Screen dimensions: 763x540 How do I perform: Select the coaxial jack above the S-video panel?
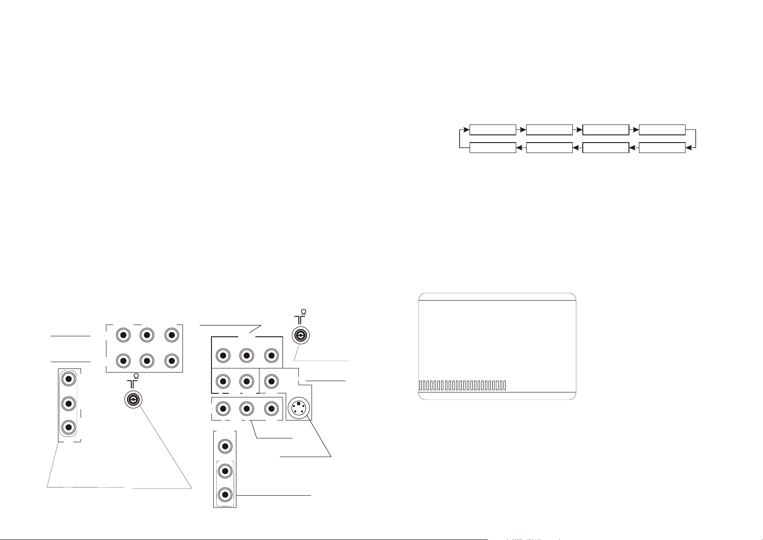point(300,335)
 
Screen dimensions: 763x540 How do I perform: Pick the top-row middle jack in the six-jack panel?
point(147,335)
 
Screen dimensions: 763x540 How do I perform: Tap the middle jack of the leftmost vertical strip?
point(68,403)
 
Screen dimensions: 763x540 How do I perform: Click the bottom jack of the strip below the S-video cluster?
point(224,494)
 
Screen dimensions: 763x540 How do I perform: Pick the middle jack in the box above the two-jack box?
point(246,356)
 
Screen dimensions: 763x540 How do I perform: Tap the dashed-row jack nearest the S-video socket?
point(271,409)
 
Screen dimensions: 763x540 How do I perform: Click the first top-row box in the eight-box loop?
point(493,129)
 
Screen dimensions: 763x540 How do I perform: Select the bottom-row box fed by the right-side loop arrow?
point(662,147)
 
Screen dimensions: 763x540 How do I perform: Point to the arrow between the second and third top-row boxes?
point(577,129)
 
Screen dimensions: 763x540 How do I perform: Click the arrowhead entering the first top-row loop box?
point(467,129)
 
